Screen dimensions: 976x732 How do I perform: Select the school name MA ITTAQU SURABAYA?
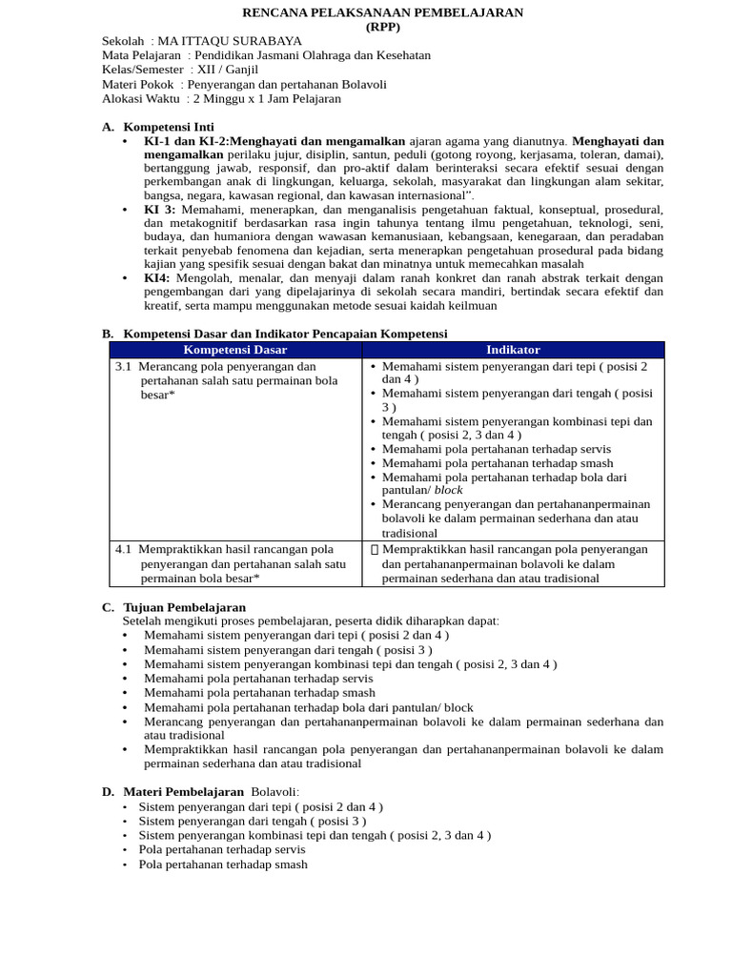point(230,41)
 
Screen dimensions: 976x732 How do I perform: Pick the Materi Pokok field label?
point(138,84)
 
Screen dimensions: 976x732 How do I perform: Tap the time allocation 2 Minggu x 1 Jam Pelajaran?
point(266,98)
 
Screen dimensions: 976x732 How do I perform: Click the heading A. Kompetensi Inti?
point(157,127)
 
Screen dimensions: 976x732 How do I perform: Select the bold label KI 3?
point(159,209)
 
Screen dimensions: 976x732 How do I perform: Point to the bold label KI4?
point(157,277)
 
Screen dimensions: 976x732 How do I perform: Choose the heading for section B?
point(274,334)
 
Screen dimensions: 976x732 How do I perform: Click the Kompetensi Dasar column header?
point(235,350)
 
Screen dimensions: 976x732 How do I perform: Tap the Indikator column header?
point(513,350)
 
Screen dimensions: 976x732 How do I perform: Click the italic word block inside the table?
point(448,490)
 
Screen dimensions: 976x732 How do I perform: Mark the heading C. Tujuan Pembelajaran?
point(173,607)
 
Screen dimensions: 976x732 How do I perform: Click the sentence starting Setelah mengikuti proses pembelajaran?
point(311,620)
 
